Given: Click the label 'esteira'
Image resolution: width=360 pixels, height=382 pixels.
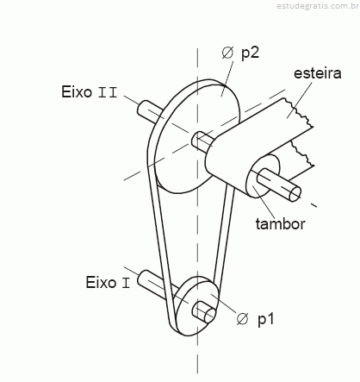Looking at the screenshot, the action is [x=318, y=73].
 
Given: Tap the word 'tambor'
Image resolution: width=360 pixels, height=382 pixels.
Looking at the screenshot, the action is [x=280, y=224].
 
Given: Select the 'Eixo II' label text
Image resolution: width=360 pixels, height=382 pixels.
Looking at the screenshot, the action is [x=90, y=92].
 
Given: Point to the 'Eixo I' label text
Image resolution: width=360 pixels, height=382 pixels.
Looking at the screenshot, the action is [x=108, y=282].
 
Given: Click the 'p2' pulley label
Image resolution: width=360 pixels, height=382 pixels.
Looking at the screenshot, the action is [x=250, y=53].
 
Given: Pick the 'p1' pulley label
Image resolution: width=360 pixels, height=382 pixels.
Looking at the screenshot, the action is [x=265, y=319].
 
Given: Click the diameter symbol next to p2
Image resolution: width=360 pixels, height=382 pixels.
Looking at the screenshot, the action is [x=227, y=53].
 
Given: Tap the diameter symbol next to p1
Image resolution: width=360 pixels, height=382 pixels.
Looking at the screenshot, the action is [x=243, y=319].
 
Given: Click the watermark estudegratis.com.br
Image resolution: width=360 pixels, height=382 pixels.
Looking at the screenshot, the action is [x=318, y=6].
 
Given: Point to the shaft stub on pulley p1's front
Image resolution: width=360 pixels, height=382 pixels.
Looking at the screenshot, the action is [x=204, y=312].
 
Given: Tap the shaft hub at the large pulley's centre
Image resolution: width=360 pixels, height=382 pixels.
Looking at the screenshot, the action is [x=202, y=141].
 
